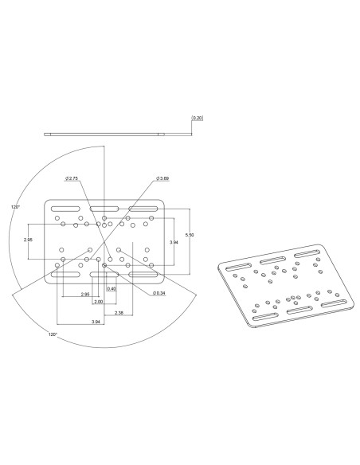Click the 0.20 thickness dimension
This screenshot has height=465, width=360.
coord(198,118)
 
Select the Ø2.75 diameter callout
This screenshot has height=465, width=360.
coord(72,178)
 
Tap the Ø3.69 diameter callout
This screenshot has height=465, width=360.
coord(162,178)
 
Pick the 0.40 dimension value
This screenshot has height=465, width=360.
coord(112,288)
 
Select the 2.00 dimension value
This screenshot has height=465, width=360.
coord(98,302)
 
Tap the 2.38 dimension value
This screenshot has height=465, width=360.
coord(118,313)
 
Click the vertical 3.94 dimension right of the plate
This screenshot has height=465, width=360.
coord(173,241)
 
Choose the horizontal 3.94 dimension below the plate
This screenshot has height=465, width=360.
coord(96,322)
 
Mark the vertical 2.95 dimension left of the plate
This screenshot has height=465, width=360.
coord(28,239)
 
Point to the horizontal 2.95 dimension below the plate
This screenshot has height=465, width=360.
coord(84,295)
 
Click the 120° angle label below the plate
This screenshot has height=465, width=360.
coord(53,334)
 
